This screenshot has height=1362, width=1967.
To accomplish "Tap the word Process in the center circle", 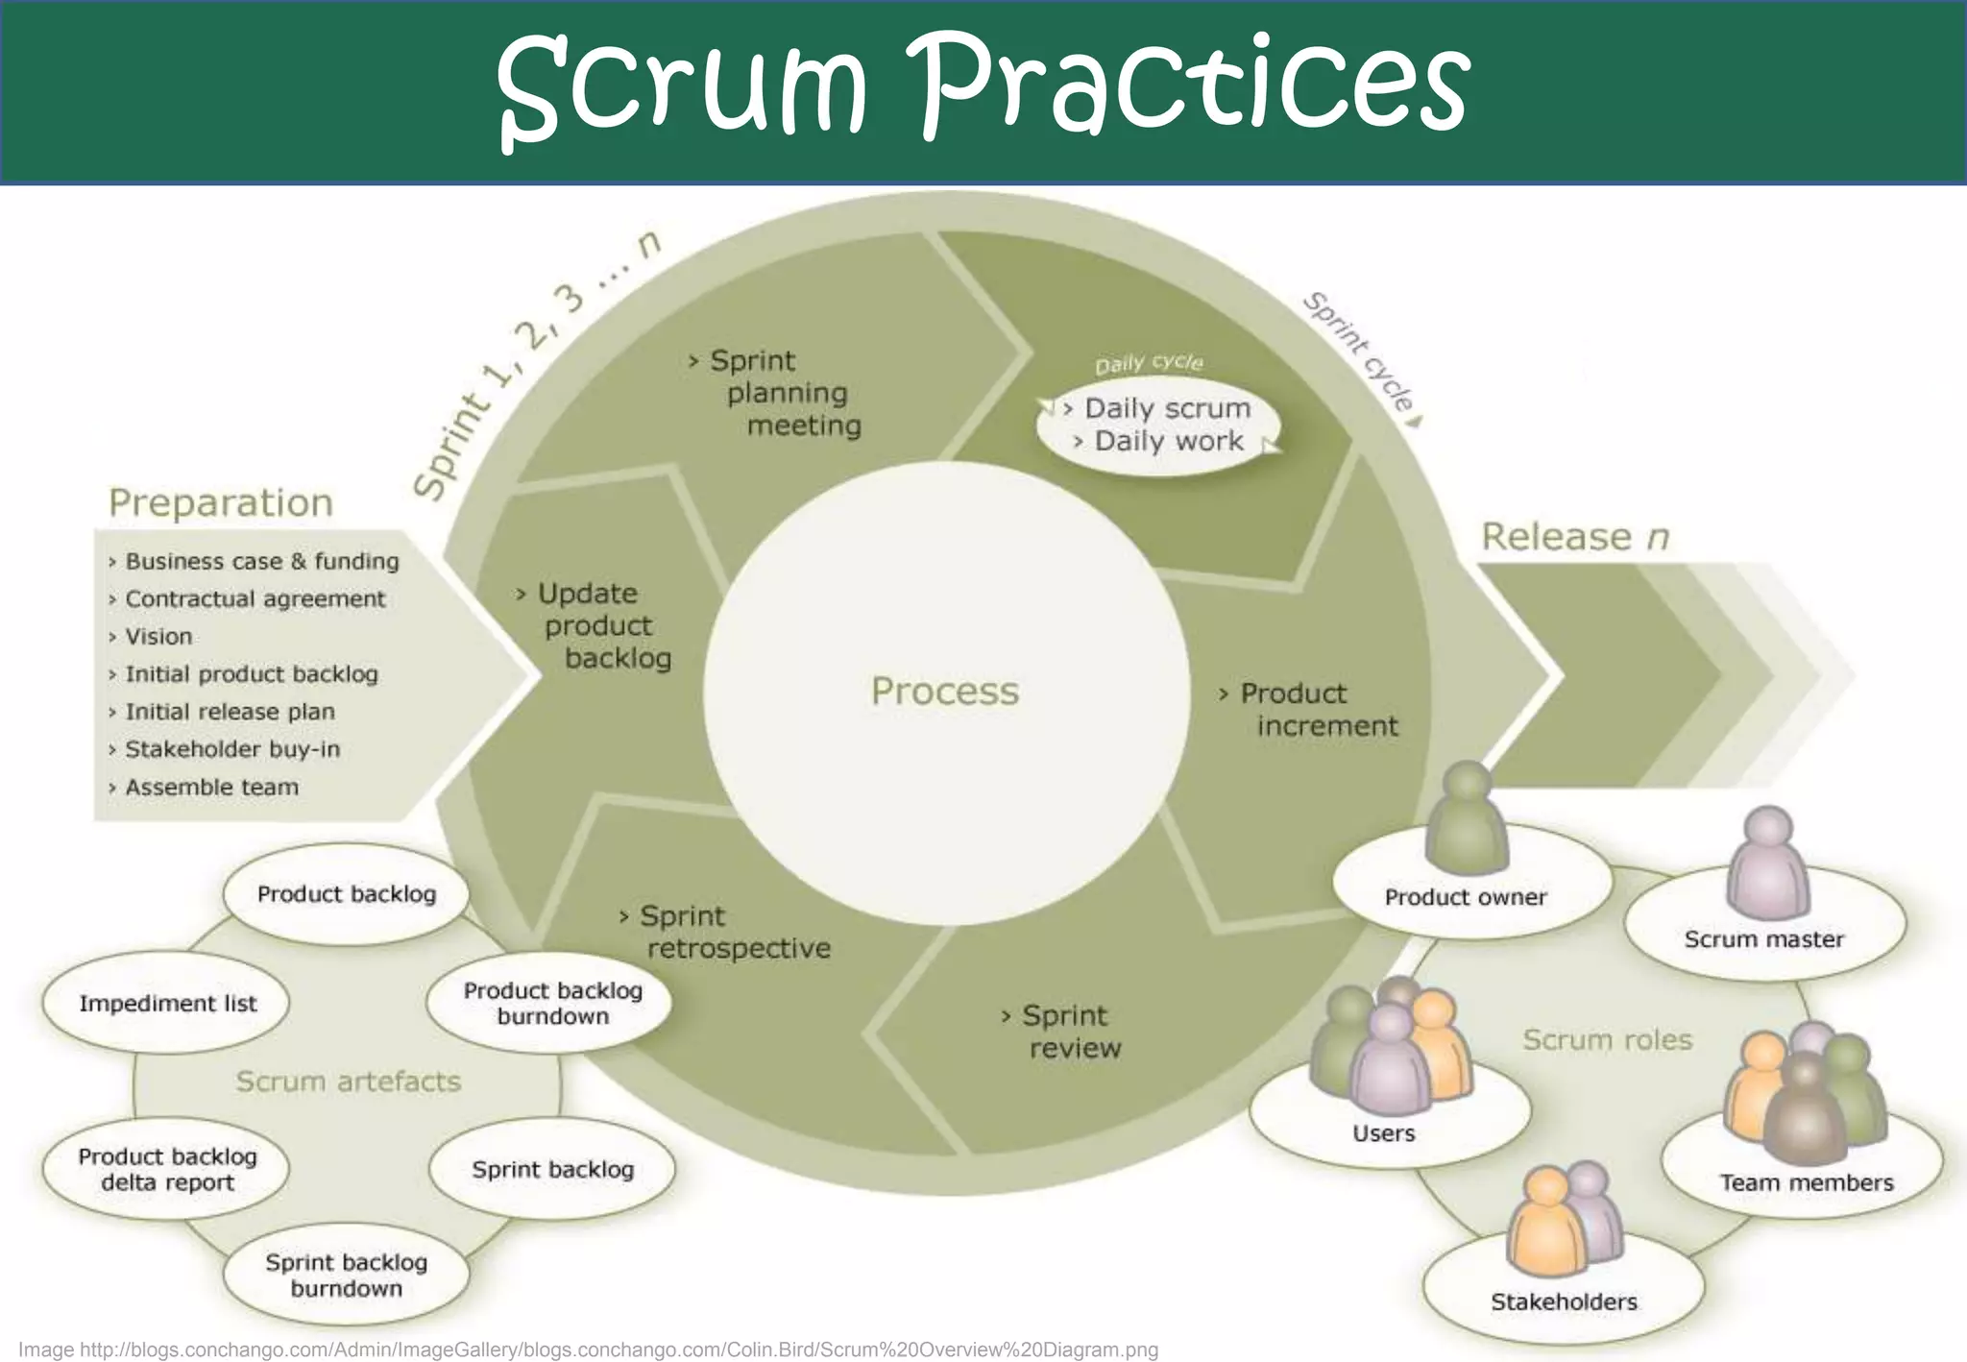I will coord(944,692).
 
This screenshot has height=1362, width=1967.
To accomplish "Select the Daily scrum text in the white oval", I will coord(1167,409).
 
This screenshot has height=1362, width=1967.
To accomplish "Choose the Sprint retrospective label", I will coord(730,933).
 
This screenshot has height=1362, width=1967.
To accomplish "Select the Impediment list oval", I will coord(167,1004).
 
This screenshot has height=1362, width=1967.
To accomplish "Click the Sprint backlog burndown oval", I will coord(346,1276).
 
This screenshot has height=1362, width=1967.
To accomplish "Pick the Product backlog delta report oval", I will coord(167,1169).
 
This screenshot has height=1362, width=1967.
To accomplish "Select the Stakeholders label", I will coord(1564,1302).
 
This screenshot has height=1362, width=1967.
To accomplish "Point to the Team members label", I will coord(1806,1183).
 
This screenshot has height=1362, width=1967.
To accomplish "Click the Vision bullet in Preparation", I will coord(158,637).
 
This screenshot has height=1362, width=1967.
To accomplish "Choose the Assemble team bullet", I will coord(211,788).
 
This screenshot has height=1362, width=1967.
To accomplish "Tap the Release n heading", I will coord(1574,537).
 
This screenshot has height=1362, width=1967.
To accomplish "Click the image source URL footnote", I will coord(588,1350).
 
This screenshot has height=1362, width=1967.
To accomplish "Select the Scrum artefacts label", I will coord(348,1082).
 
